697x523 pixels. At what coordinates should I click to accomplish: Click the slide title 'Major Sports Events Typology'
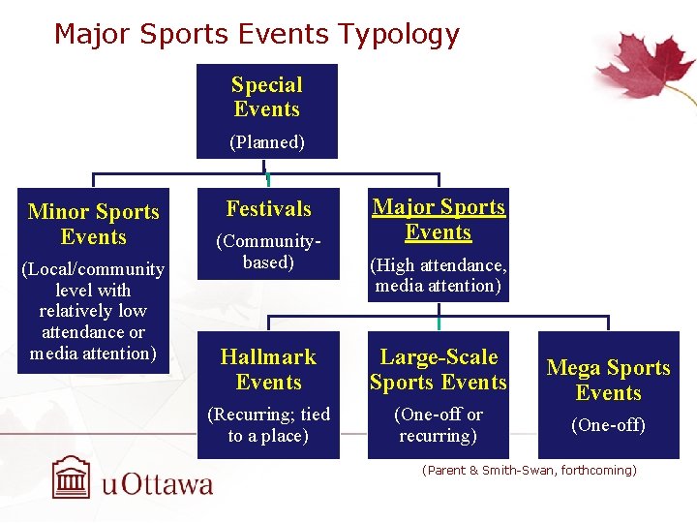(x=257, y=35)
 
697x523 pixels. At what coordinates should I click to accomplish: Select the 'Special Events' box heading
(x=267, y=97)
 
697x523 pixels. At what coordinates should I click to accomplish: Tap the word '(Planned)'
(x=267, y=142)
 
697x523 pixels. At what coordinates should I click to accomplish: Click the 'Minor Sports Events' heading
(x=94, y=224)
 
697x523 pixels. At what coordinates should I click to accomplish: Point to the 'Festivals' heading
(x=268, y=208)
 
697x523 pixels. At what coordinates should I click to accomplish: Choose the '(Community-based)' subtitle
(x=268, y=251)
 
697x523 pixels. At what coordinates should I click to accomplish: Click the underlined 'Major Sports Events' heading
(x=439, y=219)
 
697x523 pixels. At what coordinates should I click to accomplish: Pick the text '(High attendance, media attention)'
(x=439, y=275)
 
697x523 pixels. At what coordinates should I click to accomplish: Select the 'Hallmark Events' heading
(x=268, y=369)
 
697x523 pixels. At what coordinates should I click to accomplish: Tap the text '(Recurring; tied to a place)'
(x=268, y=425)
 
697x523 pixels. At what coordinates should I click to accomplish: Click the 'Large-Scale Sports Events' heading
(x=439, y=369)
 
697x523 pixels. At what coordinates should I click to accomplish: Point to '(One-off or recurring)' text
(x=439, y=425)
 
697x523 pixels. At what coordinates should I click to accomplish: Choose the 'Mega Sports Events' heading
(x=608, y=380)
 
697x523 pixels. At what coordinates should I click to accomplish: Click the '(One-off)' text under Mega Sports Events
(x=608, y=425)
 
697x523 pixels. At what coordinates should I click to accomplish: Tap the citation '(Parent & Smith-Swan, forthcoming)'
(x=530, y=471)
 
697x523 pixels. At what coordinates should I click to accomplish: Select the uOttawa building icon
(x=74, y=477)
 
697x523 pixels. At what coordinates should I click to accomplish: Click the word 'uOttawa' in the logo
(x=157, y=482)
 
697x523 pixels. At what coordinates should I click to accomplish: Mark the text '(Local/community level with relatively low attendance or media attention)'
(x=93, y=311)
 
